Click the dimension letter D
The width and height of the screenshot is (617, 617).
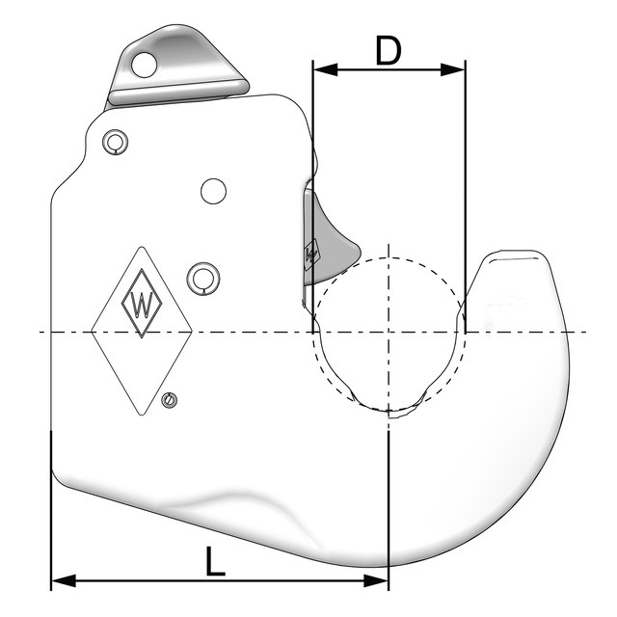click(388, 50)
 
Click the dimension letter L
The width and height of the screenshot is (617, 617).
click(217, 560)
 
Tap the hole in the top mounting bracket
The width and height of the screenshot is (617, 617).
click(144, 65)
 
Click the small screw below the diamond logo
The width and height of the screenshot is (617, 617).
click(171, 400)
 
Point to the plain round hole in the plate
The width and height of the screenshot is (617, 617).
click(213, 190)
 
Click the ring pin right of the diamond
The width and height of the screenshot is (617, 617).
click(203, 276)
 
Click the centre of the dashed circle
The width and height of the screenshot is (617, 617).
click(388, 333)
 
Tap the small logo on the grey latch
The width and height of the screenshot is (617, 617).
click(310, 255)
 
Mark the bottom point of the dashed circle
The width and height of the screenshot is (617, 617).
click(388, 412)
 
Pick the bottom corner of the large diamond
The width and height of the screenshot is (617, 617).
click(142, 416)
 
